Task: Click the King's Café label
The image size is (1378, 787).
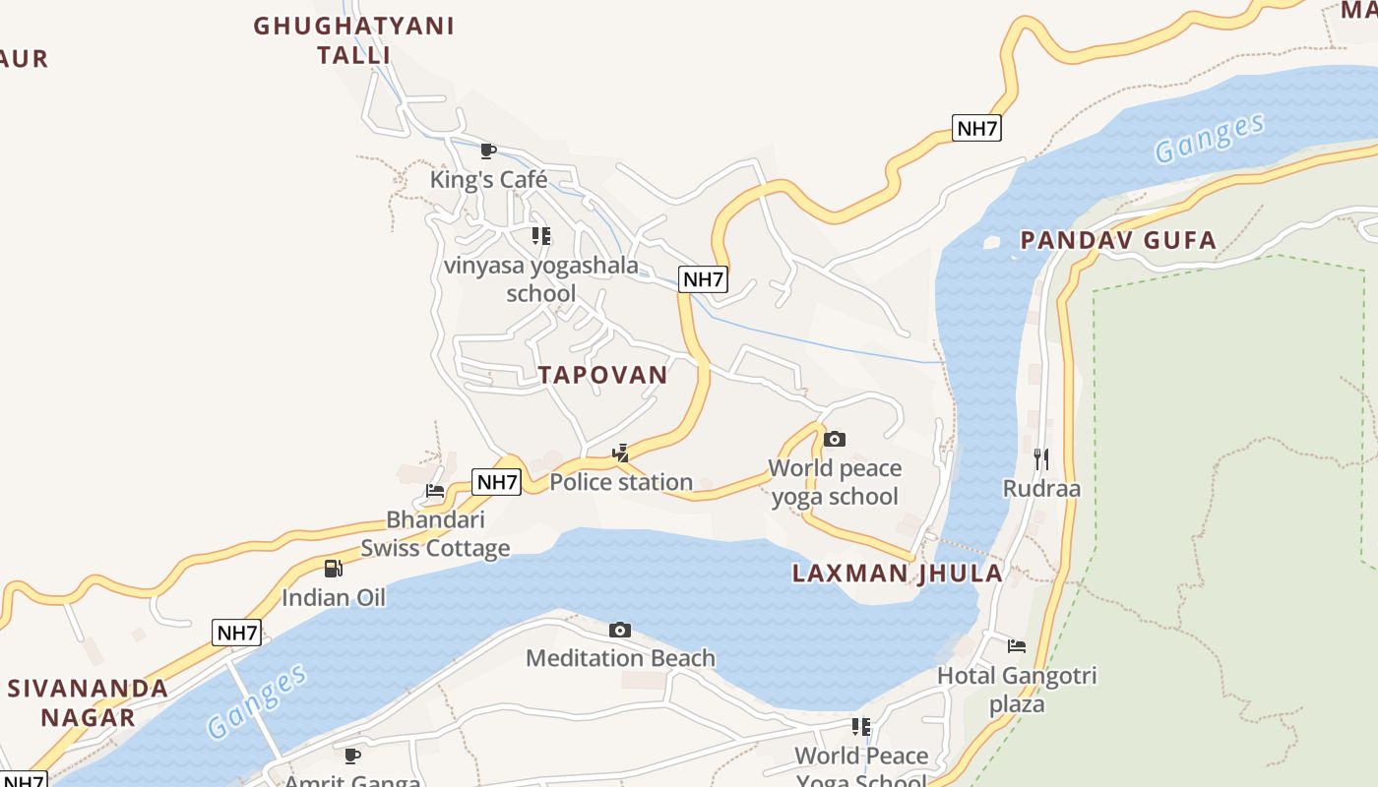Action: click(488, 180)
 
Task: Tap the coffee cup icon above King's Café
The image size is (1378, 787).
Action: click(487, 151)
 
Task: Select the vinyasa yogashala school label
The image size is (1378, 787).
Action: click(540, 279)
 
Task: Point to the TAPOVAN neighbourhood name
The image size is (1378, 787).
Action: click(602, 375)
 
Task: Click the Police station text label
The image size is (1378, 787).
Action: click(621, 482)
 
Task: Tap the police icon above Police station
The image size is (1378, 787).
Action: click(621, 453)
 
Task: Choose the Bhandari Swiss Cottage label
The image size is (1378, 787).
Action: click(435, 533)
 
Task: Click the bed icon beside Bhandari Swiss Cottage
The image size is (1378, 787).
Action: click(435, 490)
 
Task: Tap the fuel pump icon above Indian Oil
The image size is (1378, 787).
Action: click(334, 568)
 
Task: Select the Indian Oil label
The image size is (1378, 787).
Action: click(334, 597)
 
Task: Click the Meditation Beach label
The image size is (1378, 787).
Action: click(620, 658)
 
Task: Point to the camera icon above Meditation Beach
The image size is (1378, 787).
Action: click(620, 630)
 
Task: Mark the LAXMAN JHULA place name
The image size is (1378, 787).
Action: click(898, 574)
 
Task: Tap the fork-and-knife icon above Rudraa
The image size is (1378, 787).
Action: click(1041, 458)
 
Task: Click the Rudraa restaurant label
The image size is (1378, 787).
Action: click(1041, 489)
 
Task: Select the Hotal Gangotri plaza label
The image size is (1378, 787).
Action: click(1017, 690)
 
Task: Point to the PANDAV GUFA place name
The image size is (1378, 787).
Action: click(1118, 240)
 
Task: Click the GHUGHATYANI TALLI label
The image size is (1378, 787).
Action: click(354, 40)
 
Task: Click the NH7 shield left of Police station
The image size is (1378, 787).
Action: click(497, 482)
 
